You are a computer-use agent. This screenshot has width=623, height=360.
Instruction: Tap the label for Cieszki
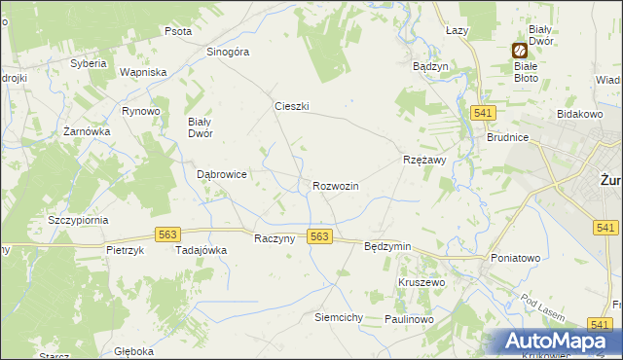coord(291,107)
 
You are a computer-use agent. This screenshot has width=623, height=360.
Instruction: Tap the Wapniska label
coord(143,72)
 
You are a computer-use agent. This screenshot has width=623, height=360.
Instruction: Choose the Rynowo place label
coord(140,111)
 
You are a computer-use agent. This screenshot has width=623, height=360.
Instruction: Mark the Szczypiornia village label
coord(78,220)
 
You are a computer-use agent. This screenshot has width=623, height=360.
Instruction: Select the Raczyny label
coord(274,238)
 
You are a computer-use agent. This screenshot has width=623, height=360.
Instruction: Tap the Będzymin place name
coord(387,247)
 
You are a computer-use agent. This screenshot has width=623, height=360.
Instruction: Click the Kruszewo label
coord(421,281)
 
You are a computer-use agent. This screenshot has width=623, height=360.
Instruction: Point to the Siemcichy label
coord(339,318)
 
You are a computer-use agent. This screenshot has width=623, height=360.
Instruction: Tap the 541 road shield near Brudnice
coord(480,114)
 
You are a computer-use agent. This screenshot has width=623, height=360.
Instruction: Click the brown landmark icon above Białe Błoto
coord(519,50)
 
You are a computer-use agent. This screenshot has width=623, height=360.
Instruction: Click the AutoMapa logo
coord(559,341)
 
